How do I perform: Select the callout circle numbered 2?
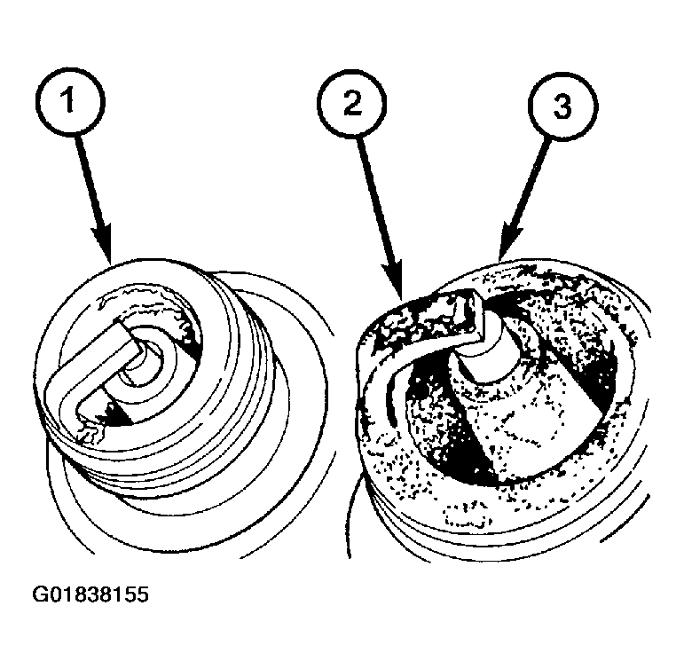pyautogui.click(x=352, y=105)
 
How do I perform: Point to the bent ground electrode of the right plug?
pyautogui.click(x=390, y=355)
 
